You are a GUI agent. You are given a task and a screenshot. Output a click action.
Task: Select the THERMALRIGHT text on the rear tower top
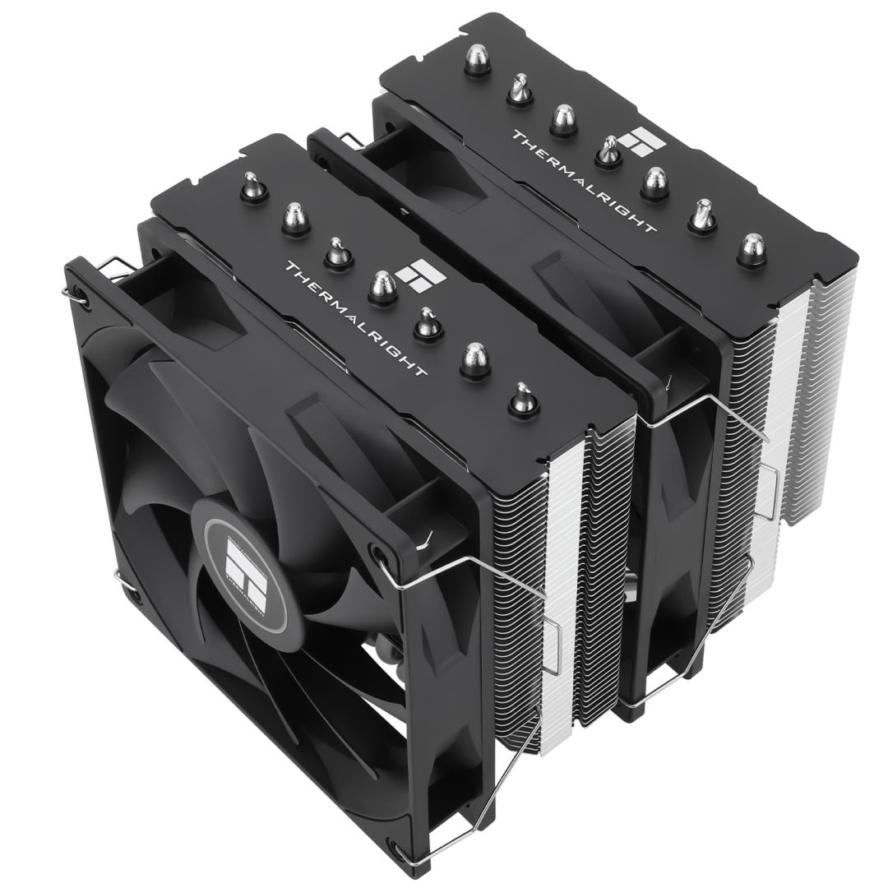[584, 182]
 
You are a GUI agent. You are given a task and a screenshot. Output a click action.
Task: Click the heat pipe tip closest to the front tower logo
[380, 288]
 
